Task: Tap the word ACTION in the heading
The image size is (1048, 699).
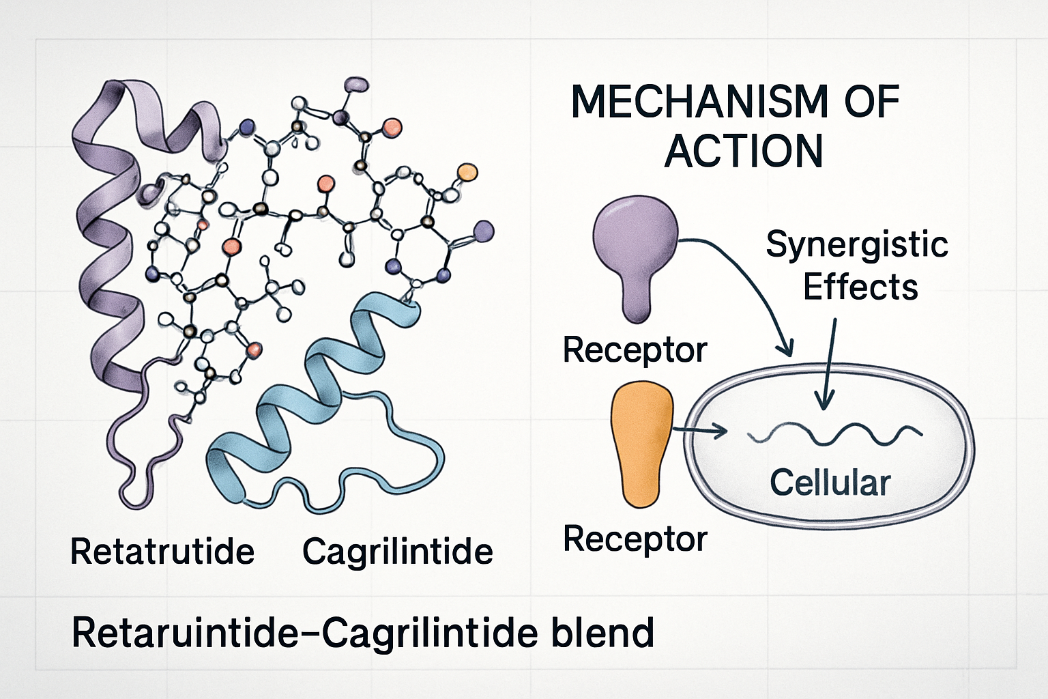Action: point(744,152)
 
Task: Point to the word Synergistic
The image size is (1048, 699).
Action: point(857,245)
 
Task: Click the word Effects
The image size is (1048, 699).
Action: point(860,287)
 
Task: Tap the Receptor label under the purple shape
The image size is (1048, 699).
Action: point(635,350)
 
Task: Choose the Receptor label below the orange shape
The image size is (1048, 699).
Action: point(635,539)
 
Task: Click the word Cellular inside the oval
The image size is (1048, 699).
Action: point(830,483)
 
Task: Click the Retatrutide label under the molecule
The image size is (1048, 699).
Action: point(162,552)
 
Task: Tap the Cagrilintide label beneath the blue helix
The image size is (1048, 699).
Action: point(397,552)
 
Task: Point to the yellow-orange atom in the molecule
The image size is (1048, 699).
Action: point(467,171)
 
